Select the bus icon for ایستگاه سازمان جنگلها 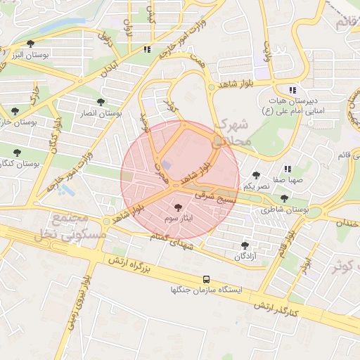coord(206,278)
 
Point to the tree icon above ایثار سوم coord(177,207)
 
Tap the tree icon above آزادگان coord(245,245)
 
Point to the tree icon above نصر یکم coord(255,175)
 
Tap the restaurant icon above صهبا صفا coord(288,169)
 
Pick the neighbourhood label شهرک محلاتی coord(233,132)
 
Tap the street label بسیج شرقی coord(218,199)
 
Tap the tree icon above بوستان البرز coord(30,44)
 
